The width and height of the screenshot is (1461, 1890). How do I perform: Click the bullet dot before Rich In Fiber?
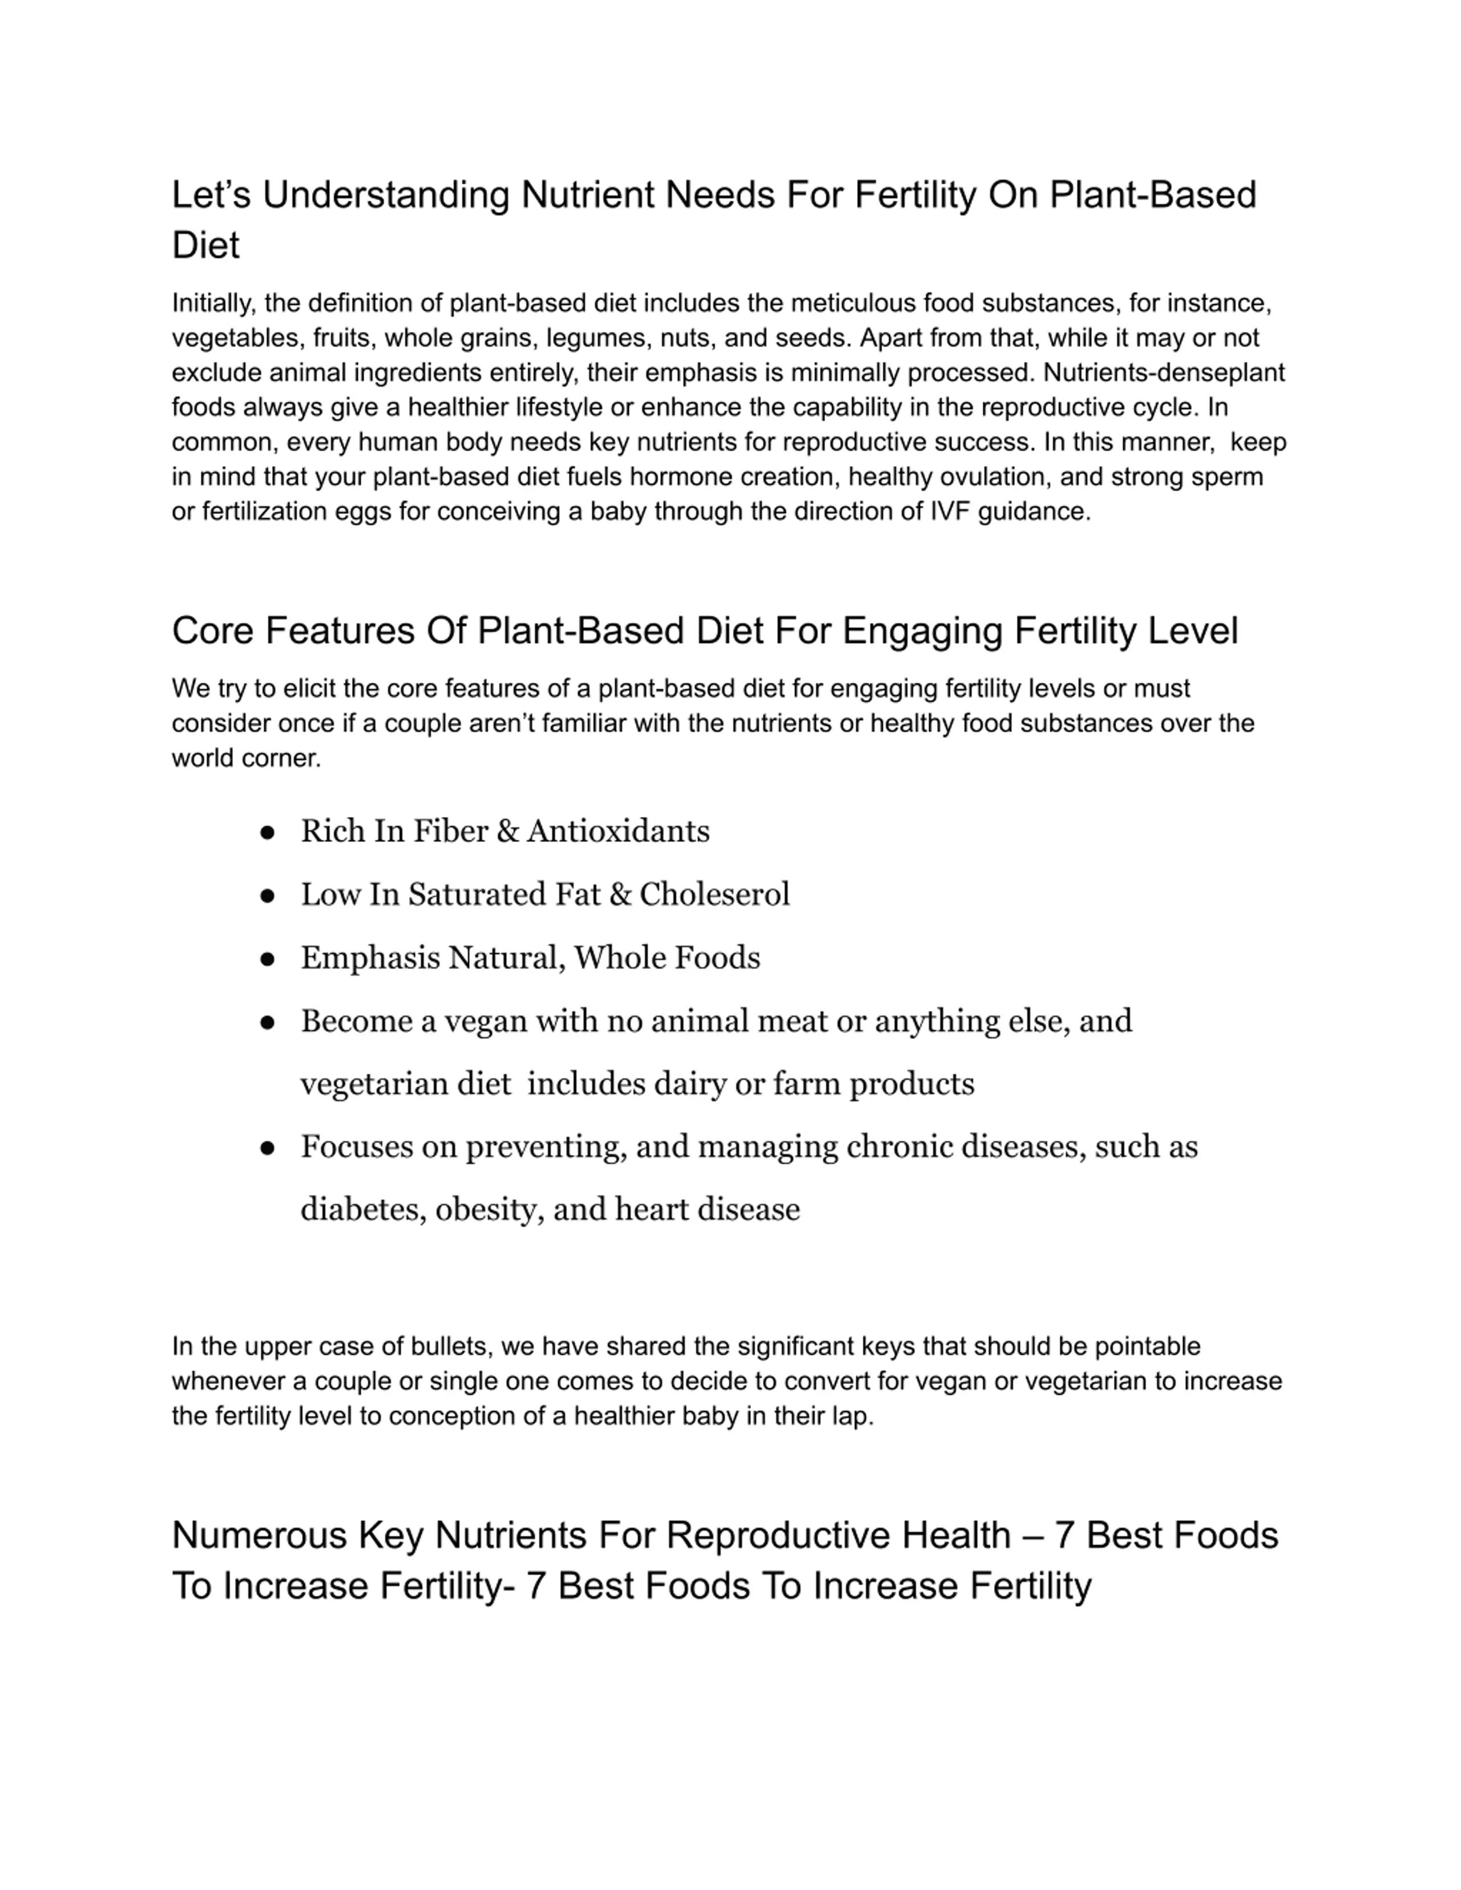tap(268, 832)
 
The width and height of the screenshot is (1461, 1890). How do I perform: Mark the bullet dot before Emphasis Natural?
tap(268, 959)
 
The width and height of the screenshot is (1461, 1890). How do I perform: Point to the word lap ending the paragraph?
tap(853, 1416)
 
